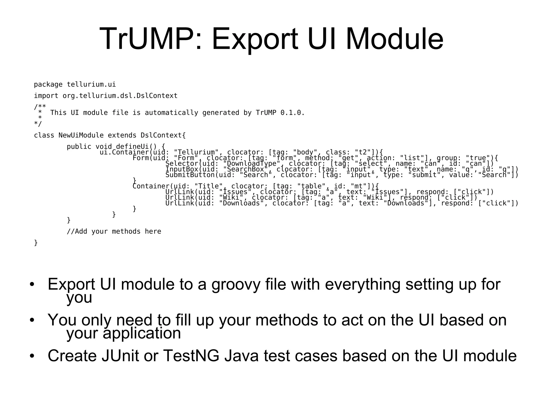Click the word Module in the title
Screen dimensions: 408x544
point(394,39)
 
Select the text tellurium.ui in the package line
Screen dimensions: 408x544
point(91,85)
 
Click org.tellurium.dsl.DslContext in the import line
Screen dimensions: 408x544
point(120,96)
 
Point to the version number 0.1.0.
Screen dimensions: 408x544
point(292,113)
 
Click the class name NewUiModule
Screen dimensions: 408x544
point(81,135)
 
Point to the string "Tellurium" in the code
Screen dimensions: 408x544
point(196,152)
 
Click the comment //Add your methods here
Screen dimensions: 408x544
point(114,232)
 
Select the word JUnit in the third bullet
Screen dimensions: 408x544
point(120,356)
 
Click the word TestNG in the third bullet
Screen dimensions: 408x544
point(191,356)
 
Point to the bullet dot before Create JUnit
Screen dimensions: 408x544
point(32,356)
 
